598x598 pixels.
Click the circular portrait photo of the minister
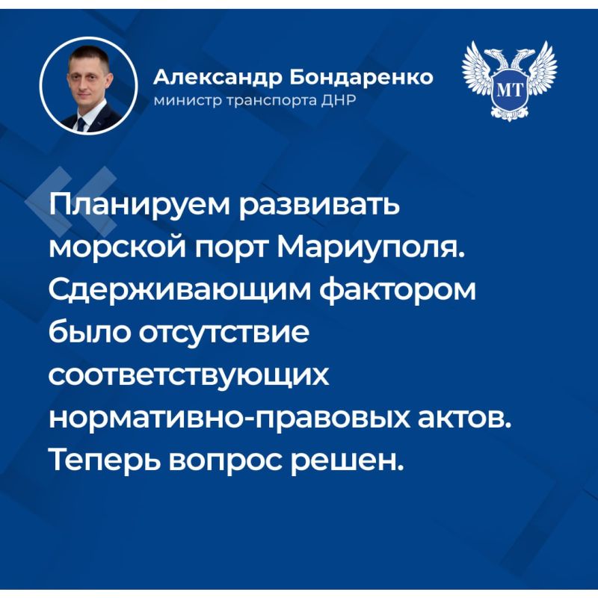point(87,86)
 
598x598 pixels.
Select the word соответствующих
point(188,375)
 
